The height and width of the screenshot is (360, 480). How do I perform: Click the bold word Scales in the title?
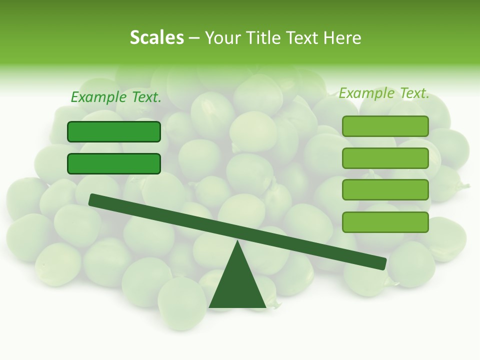click(156, 37)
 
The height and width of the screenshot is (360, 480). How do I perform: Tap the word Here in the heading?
click(342, 37)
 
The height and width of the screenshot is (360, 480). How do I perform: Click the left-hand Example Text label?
click(116, 97)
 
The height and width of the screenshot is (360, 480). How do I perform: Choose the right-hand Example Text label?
click(384, 93)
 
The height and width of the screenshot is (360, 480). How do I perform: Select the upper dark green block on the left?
click(114, 131)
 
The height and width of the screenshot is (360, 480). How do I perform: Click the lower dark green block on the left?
click(114, 163)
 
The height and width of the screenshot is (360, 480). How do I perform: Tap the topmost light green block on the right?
click(385, 126)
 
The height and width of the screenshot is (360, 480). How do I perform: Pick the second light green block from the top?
click(385, 158)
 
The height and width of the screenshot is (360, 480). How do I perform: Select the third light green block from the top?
click(385, 190)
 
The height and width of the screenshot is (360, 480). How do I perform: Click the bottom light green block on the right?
click(385, 222)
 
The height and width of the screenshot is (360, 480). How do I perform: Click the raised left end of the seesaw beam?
click(95, 200)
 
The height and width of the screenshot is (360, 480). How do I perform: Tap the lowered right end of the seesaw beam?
click(380, 263)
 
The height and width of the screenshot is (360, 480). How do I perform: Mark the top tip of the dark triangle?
click(237, 243)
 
